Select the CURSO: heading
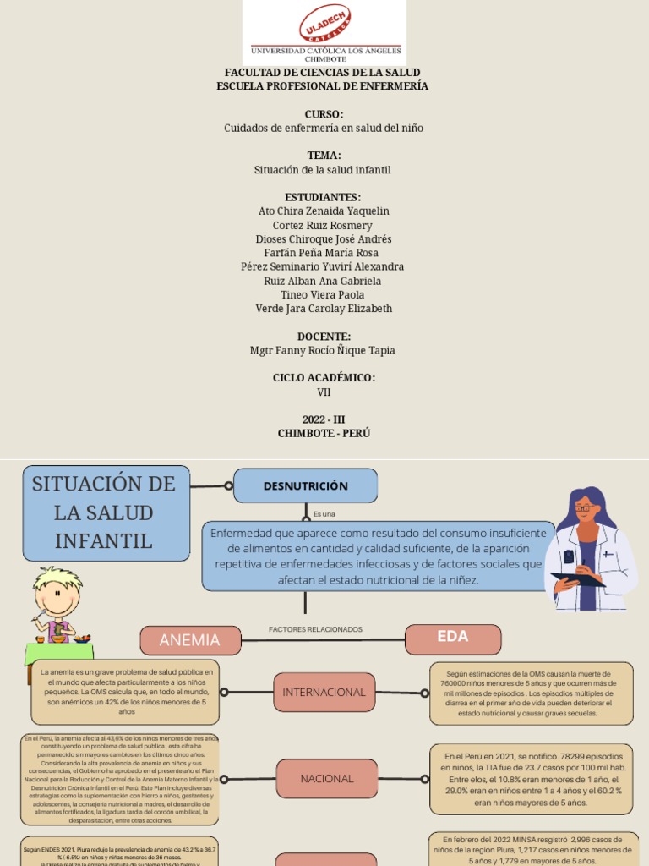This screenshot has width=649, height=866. tap(324, 114)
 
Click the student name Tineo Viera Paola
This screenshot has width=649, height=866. tap(324, 294)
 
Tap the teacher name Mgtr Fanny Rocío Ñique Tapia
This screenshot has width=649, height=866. tap(323, 350)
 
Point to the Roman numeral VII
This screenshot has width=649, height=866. tap(324, 392)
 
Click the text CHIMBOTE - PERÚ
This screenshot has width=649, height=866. tap(324, 433)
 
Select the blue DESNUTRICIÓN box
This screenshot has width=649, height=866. tap(305, 485)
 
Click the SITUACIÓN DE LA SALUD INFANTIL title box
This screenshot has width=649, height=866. tap(104, 512)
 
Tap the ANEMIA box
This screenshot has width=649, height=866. tap(189, 640)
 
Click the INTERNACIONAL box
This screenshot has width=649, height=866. tap(324, 692)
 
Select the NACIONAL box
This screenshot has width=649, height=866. tap(326, 778)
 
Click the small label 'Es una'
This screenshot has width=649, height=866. tap(324, 513)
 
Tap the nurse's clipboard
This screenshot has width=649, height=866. tap(577, 579)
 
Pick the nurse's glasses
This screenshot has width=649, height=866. tap(585, 507)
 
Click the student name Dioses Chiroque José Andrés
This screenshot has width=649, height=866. tap(324, 238)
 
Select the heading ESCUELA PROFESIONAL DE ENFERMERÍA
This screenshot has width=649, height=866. tap(322, 86)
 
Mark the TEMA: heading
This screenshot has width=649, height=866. tap(324, 156)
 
